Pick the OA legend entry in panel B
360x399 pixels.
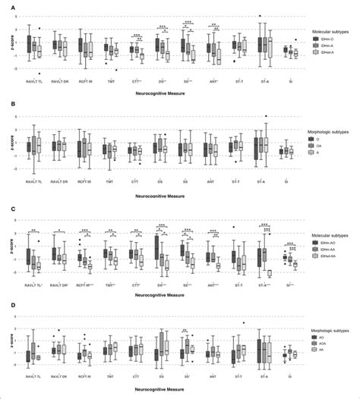[325, 146]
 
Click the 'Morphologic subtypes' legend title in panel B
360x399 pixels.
[330, 131]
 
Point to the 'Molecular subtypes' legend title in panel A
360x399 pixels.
[328, 31]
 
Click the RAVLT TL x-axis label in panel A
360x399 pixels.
[34, 80]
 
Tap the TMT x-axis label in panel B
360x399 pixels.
[110, 182]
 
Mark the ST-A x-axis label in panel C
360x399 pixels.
[264, 284]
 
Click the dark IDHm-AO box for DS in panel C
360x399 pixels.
[157, 247]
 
